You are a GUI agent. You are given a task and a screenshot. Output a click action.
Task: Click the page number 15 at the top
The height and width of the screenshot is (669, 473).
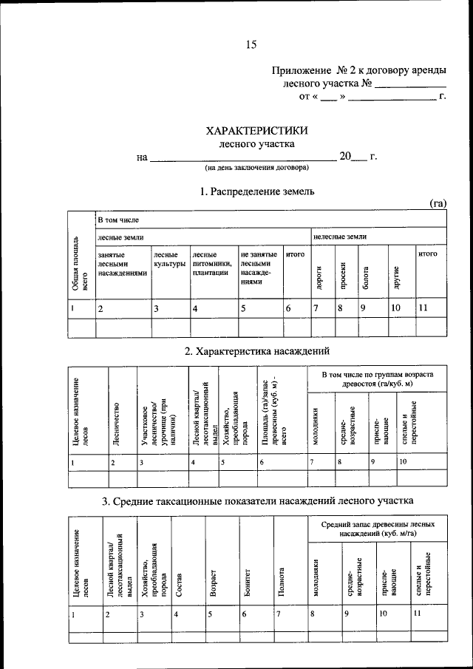pos(251,45)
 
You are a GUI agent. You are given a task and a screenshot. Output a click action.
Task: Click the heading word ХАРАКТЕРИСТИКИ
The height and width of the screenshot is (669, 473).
pos(256,131)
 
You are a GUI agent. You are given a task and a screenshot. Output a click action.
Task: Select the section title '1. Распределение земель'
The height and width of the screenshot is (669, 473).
pos(257,191)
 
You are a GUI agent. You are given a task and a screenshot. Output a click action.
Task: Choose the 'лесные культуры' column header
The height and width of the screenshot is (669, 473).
pos(169,259)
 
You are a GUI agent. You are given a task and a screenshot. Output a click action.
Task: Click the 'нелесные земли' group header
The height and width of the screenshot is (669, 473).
pos(340,237)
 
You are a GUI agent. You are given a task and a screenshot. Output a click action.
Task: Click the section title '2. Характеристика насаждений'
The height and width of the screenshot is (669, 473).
pos(256,350)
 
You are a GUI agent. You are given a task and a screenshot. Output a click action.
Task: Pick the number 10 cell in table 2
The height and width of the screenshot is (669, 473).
pos(403,462)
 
